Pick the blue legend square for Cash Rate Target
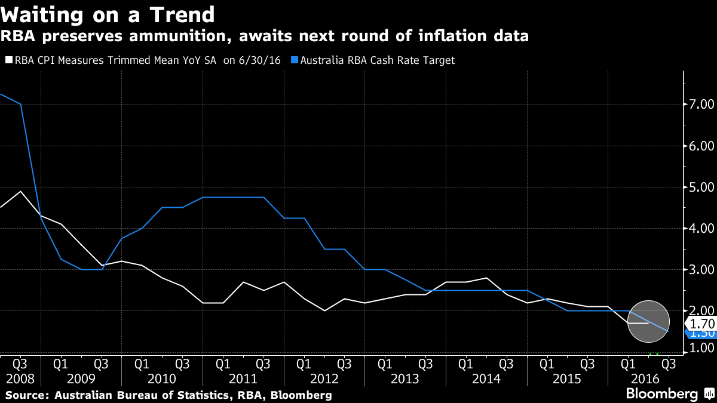295,60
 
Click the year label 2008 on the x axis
20,379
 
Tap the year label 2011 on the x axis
243,379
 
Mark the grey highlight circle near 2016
648,321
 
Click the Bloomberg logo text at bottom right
661,394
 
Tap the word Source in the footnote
27,395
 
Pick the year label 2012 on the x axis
324,379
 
